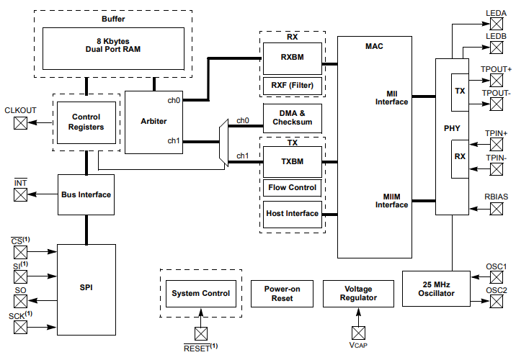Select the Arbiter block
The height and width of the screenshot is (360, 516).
click(154, 122)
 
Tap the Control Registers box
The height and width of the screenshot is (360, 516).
click(86, 122)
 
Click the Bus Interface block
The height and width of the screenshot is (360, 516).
click(86, 194)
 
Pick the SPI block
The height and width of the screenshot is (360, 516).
click(86, 288)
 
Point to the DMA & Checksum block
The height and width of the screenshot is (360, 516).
click(292, 117)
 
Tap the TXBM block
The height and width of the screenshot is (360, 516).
click(292, 162)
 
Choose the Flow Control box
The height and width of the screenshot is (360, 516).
click(292, 188)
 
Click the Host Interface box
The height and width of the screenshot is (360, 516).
click(292, 214)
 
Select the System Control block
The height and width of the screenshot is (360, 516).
click(200, 293)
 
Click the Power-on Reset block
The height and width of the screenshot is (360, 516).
click(282, 293)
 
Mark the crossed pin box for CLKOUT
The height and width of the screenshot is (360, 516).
click(21, 122)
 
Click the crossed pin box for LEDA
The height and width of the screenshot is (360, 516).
click(497, 24)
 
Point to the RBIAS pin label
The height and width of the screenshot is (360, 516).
click(496, 196)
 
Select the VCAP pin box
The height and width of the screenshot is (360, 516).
click(358, 333)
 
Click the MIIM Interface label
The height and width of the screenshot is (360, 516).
click(391, 200)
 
